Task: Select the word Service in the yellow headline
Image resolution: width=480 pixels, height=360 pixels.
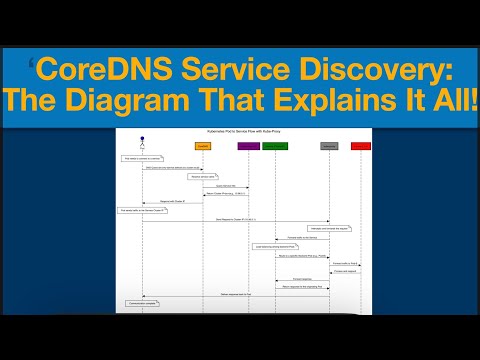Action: [232, 71]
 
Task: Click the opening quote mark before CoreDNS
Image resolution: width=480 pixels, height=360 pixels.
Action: [32, 65]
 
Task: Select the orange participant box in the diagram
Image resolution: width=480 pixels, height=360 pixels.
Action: [203, 146]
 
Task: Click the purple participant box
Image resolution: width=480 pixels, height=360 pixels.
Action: [247, 146]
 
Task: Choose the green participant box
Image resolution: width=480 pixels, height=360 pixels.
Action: [273, 146]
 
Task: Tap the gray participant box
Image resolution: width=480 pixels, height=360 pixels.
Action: [329, 146]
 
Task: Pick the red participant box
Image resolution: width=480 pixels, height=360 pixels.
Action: [360, 146]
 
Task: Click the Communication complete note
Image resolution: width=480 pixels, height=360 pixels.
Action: [142, 301]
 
